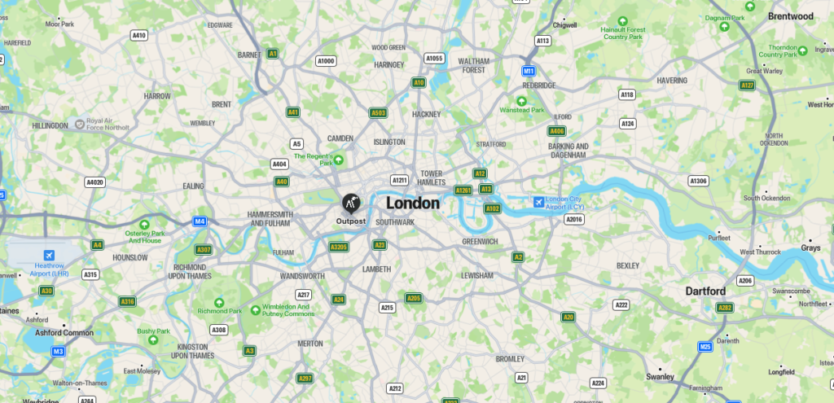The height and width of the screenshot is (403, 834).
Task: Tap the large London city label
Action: tap(413, 204)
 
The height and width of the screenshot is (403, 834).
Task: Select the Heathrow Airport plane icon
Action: tap(49, 256)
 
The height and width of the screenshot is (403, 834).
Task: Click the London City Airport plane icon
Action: tap(538, 202)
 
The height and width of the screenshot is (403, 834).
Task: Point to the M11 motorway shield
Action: tap(529, 71)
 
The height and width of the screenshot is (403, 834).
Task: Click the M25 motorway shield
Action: tap(705, 347)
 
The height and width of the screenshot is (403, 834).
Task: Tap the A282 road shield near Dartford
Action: tap(724, 308)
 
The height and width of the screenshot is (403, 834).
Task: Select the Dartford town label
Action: tap(705, 291)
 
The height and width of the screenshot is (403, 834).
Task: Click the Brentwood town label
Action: tap(790, 15)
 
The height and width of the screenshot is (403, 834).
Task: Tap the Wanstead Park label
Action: tap(522, 110)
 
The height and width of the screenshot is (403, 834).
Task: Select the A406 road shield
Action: tap(556, 130)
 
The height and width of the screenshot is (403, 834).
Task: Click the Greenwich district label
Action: tap(480, 242)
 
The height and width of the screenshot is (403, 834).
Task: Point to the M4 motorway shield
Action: tap(200, 221)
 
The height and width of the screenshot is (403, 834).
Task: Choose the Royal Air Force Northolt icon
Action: tap(80, 124)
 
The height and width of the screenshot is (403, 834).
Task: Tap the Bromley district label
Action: tap(510, 358)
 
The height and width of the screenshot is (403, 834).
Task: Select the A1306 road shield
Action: tap(698, 181)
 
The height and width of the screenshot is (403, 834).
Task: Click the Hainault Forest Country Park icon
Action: tap(623, 20)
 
